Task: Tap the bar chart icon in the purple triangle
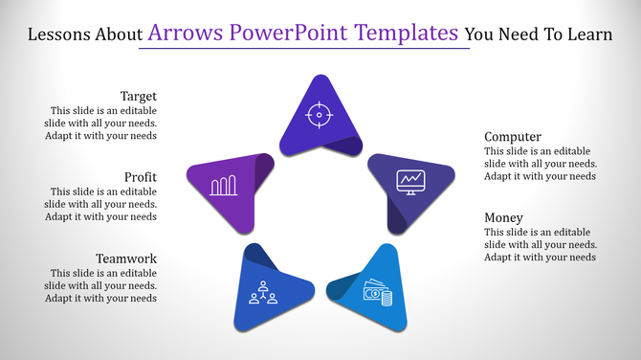224,185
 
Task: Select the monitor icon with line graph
412,181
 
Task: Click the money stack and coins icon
378,292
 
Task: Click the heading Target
138,96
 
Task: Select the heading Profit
140,177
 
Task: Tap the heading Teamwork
125,259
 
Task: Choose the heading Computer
513,137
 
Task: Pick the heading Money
503,217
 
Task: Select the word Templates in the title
409,34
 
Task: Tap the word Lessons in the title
61,35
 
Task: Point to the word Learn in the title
587,35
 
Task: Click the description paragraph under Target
102,123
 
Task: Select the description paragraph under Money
541,244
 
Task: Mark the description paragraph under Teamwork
102,285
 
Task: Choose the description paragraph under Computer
541,164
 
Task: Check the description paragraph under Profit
102,204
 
